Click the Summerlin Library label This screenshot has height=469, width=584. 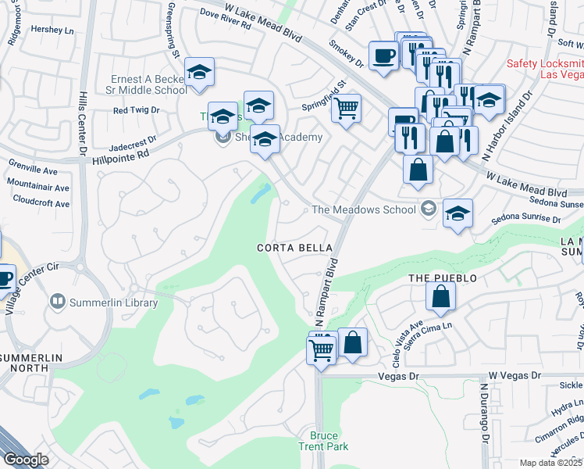pyautogui.click(x=113, y=303)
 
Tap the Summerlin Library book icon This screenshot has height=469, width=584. pyautogui.click(x=57, y=302)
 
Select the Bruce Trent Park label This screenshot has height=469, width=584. pyautogui.click(x=323, y=441)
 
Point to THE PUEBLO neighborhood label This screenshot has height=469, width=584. pyautogui.click(x=443, y=278)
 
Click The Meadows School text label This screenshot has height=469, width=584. pyautogui.click(x=364, y=209)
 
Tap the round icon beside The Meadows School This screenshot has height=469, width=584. pyautogui.click(x=428, y=209)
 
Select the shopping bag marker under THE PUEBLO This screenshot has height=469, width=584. pyautogui.click(x=440, y=296)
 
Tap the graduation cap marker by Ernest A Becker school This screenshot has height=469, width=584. pyautogui.click(x=200, y=73)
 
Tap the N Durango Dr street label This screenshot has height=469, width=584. pyautogui.click(x=484, y=423)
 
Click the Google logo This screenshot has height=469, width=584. pyautogui.click(x=26, y=460)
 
